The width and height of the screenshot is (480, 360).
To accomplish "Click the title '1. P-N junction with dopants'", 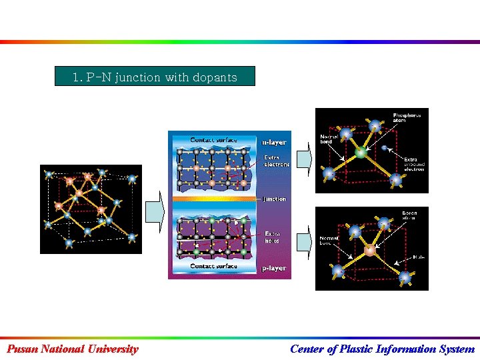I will [155, 77].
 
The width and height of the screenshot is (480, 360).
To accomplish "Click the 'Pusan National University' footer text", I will [73, 349].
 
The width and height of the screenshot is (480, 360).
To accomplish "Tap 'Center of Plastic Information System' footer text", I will [383, 349].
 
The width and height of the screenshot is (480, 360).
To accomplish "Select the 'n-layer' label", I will [274, 141].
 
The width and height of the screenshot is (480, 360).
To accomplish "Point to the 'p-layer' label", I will [274, 268].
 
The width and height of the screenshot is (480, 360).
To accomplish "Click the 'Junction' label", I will [274, 199].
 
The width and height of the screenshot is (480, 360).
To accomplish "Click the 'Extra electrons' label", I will [277, 161].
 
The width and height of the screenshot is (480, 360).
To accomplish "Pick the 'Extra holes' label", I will [273, 237].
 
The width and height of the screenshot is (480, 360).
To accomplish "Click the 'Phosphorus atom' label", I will [407, 118].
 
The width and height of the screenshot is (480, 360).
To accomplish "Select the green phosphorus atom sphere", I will [361, 153].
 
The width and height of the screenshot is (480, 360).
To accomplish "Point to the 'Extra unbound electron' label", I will [414, 164].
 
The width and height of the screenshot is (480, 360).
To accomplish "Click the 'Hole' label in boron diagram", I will [419, 256].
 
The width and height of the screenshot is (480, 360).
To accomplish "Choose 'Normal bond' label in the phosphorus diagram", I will [330, 139].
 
